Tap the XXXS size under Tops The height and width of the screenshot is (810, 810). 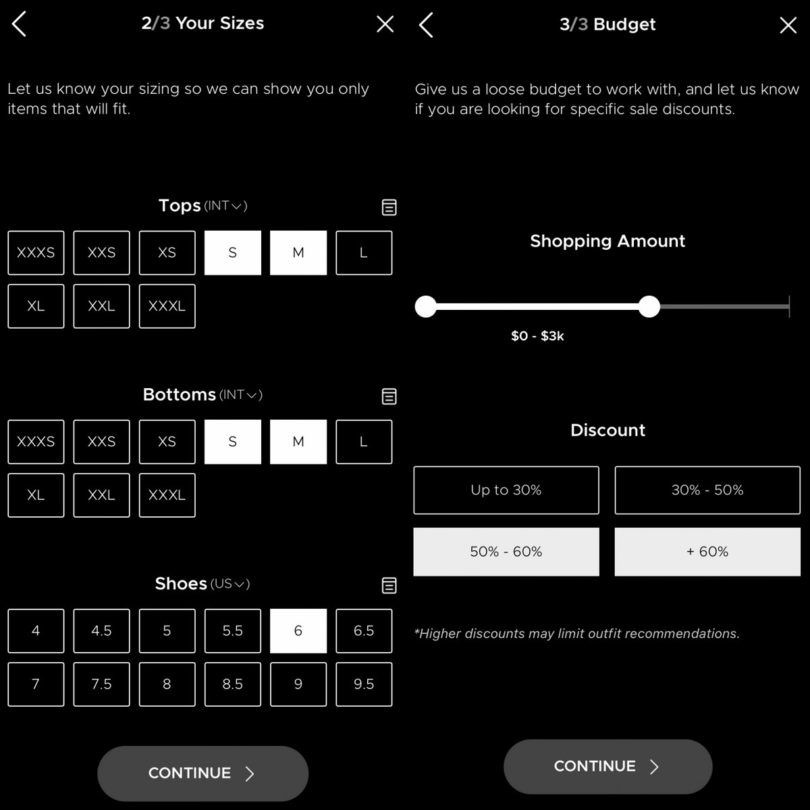pos(36,252)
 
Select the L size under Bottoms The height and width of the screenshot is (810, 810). pos(364,441)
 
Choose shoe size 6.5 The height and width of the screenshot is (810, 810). pos(364,630)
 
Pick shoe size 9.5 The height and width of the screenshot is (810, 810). pos(364,684)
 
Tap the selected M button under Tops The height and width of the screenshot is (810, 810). pos(298,252)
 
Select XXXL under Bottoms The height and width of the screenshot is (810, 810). pos(167,495)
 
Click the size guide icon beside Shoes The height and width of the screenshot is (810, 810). pos(389,585)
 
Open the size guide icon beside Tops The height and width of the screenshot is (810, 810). pos(389,207)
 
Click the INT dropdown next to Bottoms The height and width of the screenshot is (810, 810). pos(241,395)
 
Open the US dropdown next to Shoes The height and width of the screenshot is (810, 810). pos(230,584)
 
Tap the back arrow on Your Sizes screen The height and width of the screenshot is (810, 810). pos(19,24)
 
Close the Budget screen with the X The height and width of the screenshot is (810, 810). pos(788,25)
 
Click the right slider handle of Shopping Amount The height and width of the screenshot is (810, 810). pos(649,306)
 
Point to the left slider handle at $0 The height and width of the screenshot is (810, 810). pos(425,306)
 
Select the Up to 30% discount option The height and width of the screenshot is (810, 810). pos(506,490)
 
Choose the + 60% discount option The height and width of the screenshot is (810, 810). pos(707,551)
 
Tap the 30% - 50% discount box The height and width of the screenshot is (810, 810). pos(707,490)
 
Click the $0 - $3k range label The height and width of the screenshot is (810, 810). pos(537,336)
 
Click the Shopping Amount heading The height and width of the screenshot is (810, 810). pos(607,241)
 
